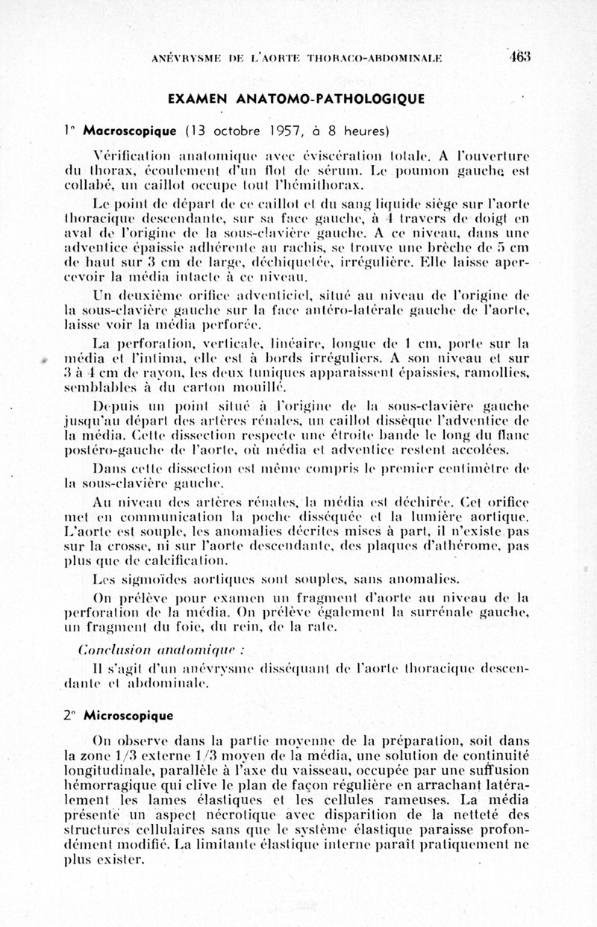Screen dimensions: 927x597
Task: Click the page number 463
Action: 519,57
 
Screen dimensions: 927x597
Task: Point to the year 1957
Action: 280,131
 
